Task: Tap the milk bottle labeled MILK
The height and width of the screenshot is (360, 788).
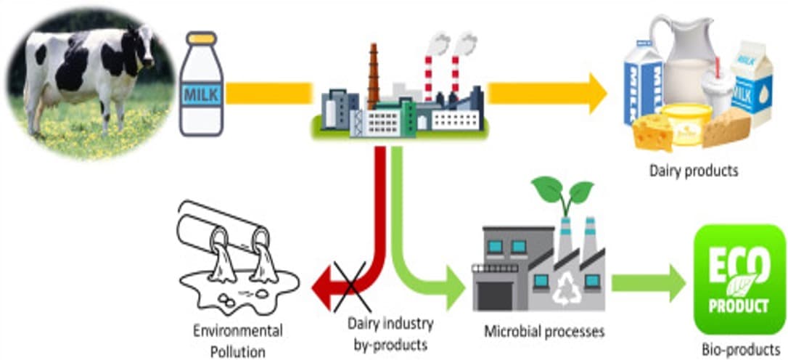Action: (x=201, y=91)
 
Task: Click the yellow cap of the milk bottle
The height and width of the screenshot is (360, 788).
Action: (x=201, y=38)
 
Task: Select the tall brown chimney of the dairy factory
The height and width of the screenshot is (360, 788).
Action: (x=374, y=76)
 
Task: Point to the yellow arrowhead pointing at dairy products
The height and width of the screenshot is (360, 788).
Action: (x=595, y=93)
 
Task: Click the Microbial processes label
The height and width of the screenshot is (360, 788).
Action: (x=544, y=332)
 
